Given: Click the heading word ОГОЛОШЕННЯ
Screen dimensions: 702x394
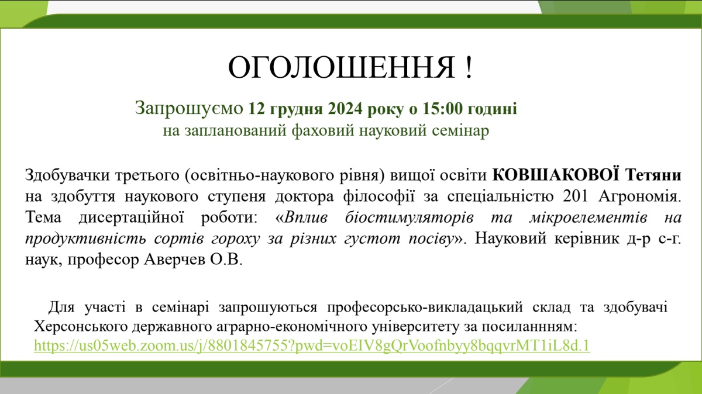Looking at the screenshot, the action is coord(342,67).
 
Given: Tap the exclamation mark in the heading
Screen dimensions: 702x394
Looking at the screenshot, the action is coord(469,67).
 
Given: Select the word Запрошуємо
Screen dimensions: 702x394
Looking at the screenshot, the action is coord(189,109).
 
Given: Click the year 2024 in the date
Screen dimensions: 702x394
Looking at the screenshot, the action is coord(345,109).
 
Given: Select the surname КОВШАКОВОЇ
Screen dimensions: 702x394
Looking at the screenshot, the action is coord(556,175).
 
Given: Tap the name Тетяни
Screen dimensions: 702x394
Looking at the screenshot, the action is coord(653,175).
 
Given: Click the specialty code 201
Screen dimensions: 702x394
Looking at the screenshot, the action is coord(576,196).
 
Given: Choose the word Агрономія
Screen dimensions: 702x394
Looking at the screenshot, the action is coord(639,197).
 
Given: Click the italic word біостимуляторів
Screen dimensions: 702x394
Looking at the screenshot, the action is coord(409,217).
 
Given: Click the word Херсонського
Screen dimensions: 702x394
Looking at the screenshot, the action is coord(81,327).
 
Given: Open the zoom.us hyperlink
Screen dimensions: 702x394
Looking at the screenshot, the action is coord(312,345).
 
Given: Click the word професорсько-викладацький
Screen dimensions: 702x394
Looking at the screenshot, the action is coord(425,307).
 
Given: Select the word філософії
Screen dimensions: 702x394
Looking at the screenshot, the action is coord(379,197).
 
